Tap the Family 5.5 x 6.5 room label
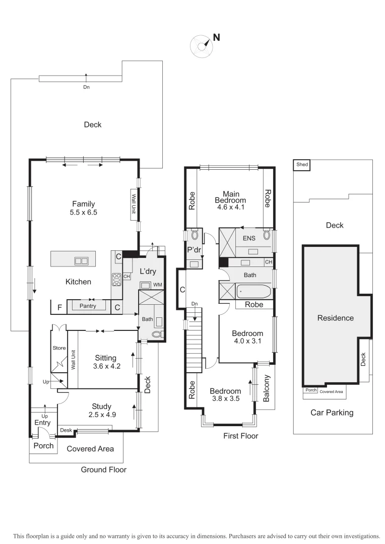pos(84,208)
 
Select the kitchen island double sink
pos(81,261)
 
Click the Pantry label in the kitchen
pos(88,306)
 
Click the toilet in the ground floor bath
pos(157,333)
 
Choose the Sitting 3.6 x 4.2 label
pos(105,362)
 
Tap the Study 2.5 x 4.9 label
pos(101,411)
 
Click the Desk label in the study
pos(66,430)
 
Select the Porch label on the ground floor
pos(43,446)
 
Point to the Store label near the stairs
pos(59,348)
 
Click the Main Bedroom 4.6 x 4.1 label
pos(231,200)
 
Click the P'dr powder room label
pos(194,250)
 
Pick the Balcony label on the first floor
pos(267,388)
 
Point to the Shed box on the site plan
pos(302,164)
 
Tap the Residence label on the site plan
pos(335,318)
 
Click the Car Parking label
pos(332,413)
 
